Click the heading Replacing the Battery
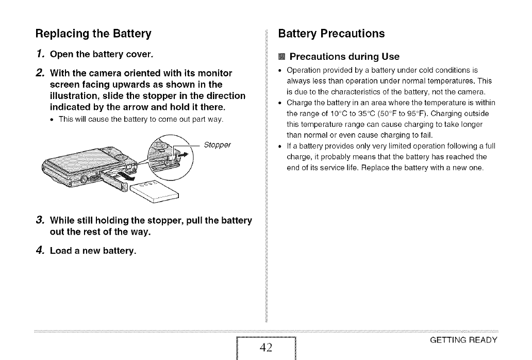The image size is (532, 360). (93, 35)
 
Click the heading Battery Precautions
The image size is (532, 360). (331, 34)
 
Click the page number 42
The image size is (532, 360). (266, 347)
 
